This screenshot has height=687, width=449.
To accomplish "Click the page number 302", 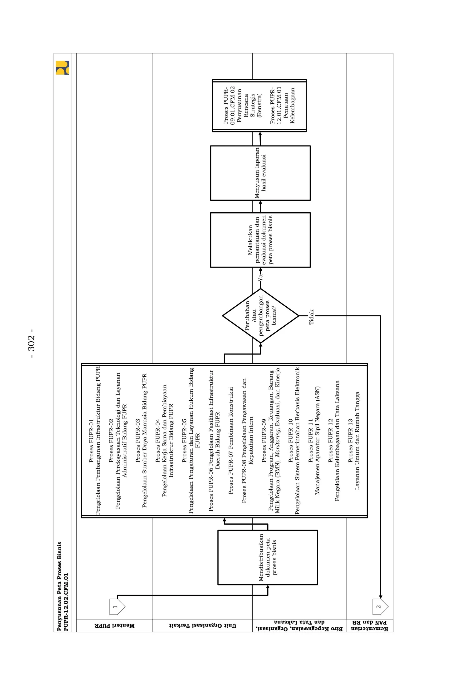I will click(x=31, y=343).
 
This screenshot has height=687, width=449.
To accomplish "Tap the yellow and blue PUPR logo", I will click(x=62, y=68).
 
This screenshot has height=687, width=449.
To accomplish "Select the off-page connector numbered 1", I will click(x=117, y=606).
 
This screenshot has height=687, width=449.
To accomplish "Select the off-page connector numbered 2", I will click(x=380, y=607).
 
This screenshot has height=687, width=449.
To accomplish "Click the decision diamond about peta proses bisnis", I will click(x=260, y=316).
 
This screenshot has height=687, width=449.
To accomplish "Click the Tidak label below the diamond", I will click(x=311, y=317).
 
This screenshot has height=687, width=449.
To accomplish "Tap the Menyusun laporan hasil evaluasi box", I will click(x=260, y=173).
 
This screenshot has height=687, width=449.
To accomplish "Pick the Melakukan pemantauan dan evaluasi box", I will click(x=260, y=240).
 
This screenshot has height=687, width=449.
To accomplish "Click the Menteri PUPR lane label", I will click(x=115, y=625).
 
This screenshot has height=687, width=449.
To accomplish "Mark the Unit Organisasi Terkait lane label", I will click(x=202, y=625).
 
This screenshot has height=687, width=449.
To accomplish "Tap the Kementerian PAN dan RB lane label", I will click(x=370, y=625).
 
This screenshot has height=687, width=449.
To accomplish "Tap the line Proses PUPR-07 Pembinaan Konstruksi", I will click(x=231, y=440).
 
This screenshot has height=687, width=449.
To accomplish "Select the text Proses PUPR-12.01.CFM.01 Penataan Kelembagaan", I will click(x=283, y=105).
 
